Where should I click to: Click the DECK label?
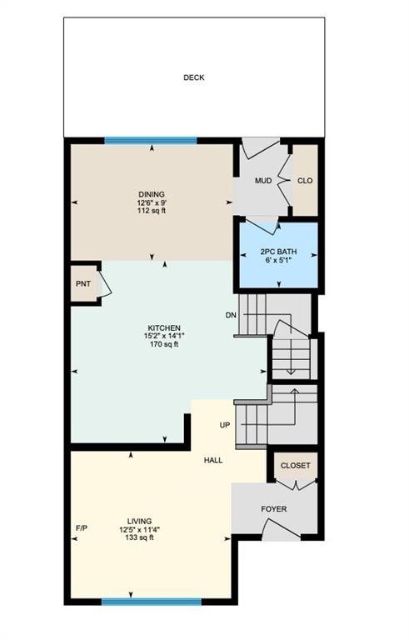point(194,77)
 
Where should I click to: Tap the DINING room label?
point(152,194)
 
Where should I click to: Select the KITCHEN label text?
point(164,328)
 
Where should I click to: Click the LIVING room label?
point(139,521)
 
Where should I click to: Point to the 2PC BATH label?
point(279,252)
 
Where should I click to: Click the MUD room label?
point(263,181)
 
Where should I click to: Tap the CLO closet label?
point(305,181)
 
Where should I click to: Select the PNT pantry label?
point(83,283)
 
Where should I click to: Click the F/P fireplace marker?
point(82,528)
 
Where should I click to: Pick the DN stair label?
point(231,315)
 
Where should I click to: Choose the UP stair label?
point(225,425)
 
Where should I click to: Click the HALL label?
point(213,460)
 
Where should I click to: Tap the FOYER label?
point(274,509)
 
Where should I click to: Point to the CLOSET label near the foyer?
point(295,466)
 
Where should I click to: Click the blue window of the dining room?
point(151,141)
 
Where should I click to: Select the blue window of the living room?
point(152,602)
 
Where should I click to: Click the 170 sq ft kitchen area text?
point(164,344)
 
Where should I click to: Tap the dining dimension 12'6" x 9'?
point(152,202)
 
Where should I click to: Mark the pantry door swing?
point(105,283)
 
